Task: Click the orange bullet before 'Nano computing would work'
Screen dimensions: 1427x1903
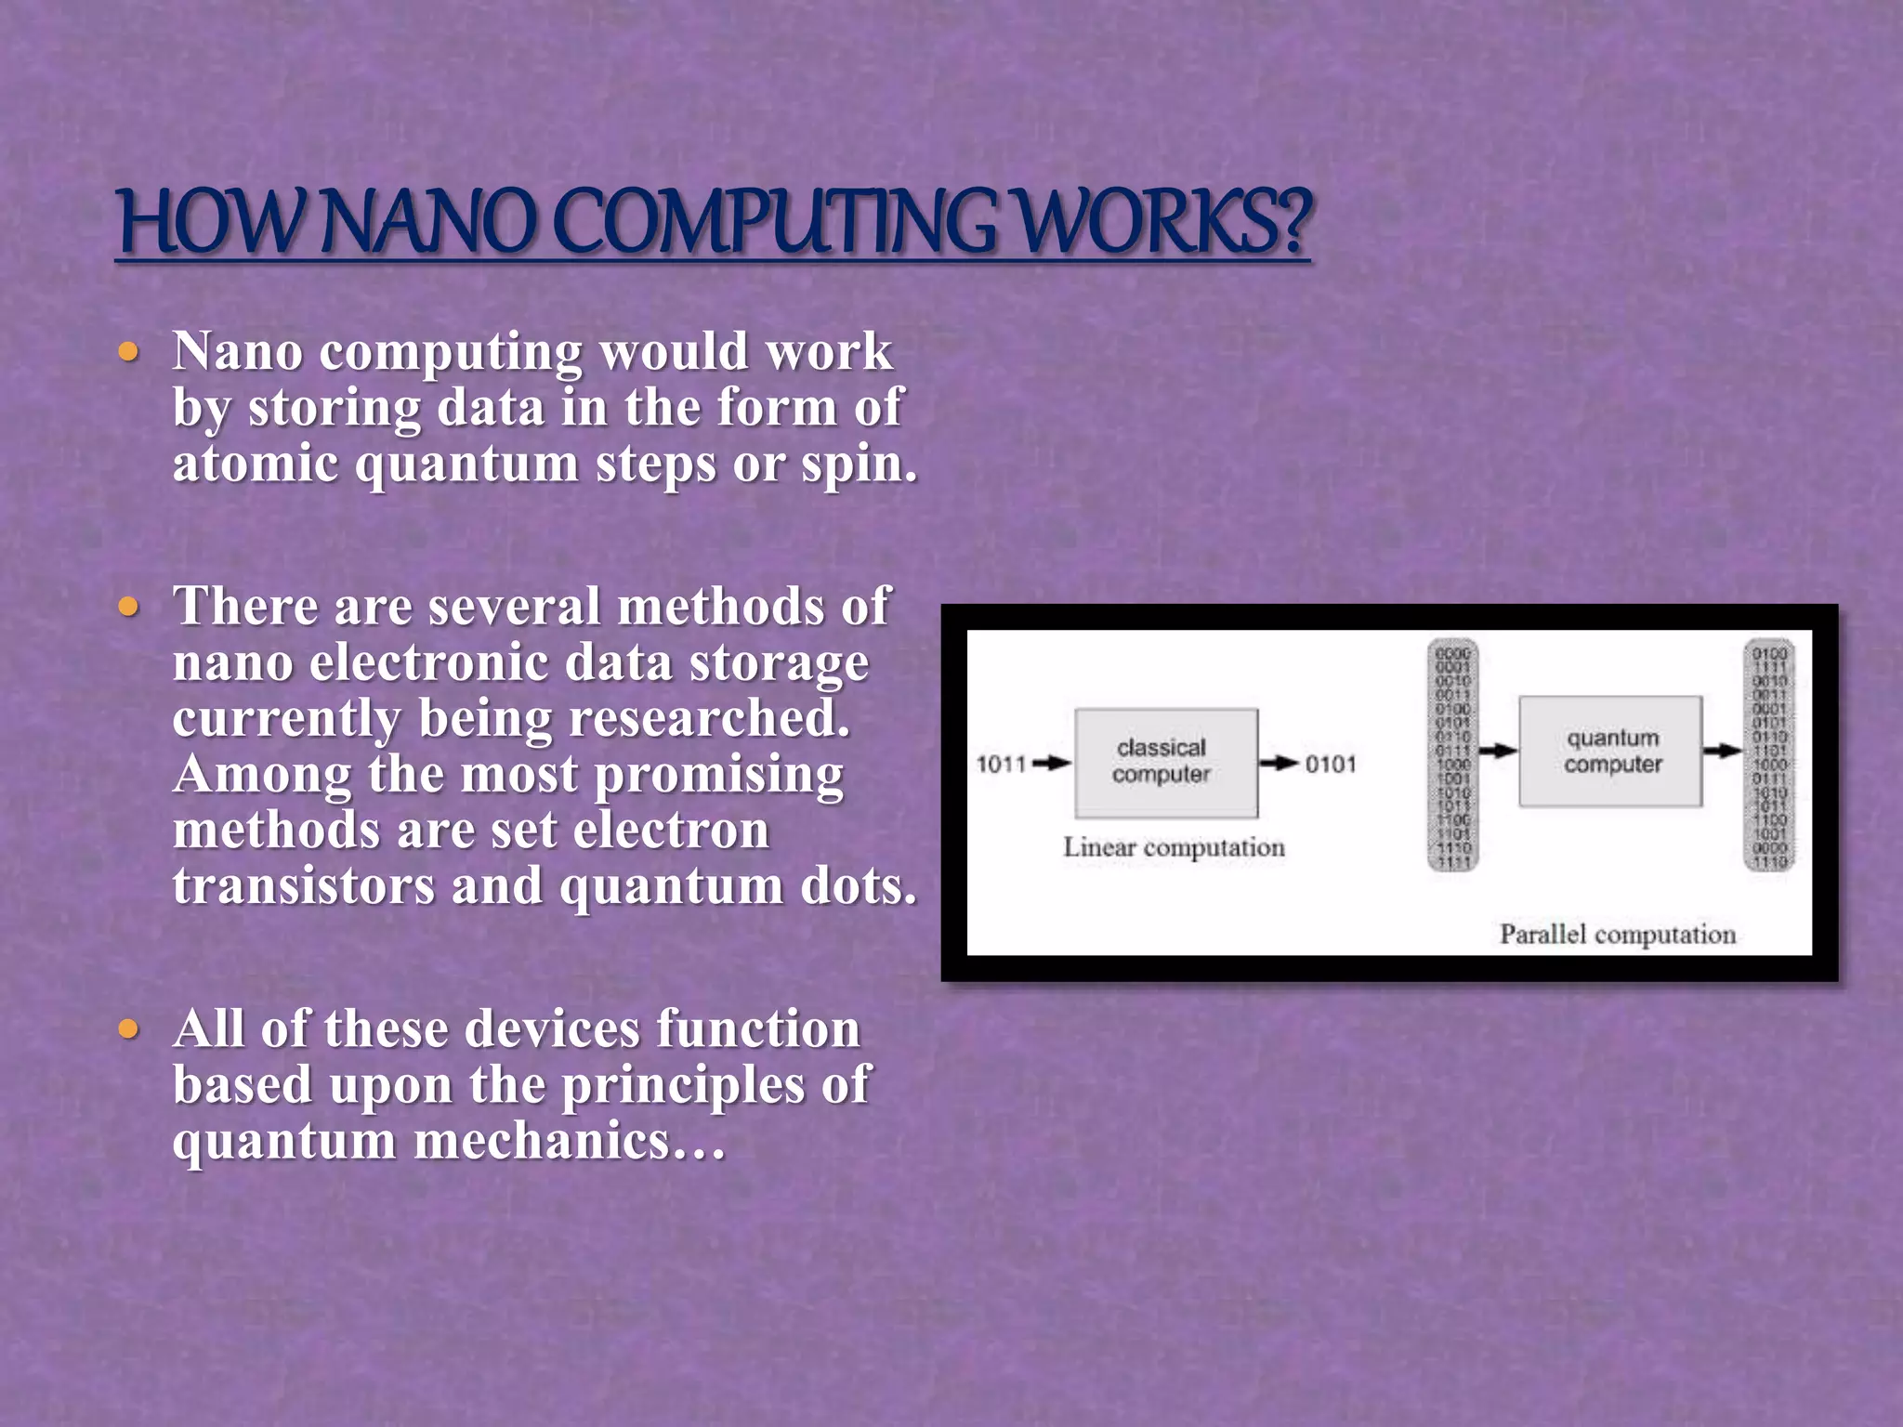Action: pyautogui.click(x=129, y=352)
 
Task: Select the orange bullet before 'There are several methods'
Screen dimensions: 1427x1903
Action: pyautogui.click(x=129, y=608)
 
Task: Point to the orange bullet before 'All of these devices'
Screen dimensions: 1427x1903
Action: pyautogui.click(x=129, y=1029)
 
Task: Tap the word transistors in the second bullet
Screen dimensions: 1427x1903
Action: pyautogui.click(x=303, y=885)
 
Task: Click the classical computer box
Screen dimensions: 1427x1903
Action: pyautogui.click(x=1165, y=762)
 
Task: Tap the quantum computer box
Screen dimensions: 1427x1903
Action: pyautogui.click(x=1611, y=751)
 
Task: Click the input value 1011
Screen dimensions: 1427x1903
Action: pyautogui.click(x=1000, y=764)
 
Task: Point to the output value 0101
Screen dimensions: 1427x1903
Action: pyautogui.click(x=1331, y=764)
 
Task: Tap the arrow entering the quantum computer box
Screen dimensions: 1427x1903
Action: pyautogui.click(x=1497, y=751)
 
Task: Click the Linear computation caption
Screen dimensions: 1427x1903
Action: pyautogui.click(x=1174, y=847)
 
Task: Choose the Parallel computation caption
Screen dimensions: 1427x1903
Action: pyautogui.click(x=1617, y=934)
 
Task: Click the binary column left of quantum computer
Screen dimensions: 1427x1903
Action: pyautogui.click(x=1452, y=754)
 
